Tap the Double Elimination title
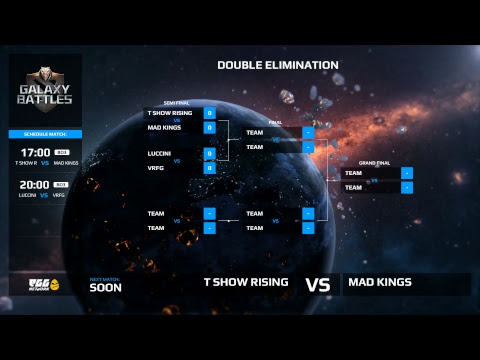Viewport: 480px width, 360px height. tap(278, 65)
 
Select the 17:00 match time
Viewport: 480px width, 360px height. tap(35, 152)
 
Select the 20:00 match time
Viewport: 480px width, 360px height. tap(35, 184)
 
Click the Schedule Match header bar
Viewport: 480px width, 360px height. tap(44, 133)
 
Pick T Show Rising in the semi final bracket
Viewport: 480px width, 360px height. tap(169, 113)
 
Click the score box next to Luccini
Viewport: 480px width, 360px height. tap(210, 154)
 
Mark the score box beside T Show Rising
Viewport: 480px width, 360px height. tap(210, 113)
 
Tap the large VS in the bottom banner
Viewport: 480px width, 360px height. tap(317, 284)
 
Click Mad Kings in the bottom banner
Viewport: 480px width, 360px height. tap(380, 282)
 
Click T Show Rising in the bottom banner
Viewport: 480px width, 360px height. tap(246, 282)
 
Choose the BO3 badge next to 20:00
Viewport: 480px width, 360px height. tap(61, 184)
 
